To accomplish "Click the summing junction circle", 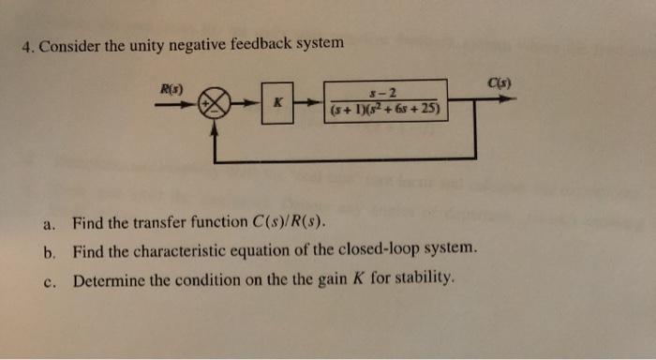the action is click(216, 102).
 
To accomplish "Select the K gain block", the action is click(277, 102).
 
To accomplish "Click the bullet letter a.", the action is click(48, 225).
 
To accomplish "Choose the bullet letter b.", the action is click(48, 251).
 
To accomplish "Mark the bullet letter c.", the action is click(48, 278).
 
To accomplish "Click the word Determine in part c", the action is click(109, 278).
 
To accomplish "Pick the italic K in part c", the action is click(357, 278).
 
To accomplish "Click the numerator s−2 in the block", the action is click(385, 92).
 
